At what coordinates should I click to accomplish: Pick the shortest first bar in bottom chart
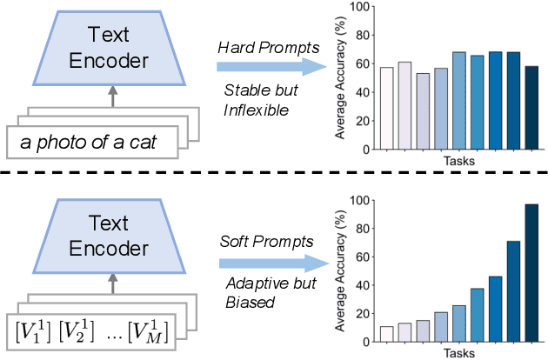(x=386, y=333)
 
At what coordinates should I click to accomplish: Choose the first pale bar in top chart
(x=386, y=108)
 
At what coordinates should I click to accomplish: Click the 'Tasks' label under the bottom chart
(x=457, y=352)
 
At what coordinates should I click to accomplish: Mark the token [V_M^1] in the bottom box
(x=144, y=328)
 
